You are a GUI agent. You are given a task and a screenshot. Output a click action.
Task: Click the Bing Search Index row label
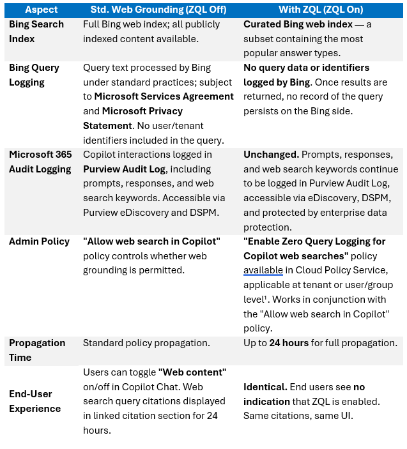36,31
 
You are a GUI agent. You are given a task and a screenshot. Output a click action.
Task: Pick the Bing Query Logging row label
34,75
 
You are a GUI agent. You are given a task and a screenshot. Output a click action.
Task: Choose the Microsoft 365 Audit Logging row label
40,162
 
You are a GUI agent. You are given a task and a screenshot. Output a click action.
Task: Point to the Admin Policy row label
39,241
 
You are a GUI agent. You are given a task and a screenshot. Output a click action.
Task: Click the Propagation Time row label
37,350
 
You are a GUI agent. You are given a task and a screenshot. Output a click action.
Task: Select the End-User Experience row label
35,401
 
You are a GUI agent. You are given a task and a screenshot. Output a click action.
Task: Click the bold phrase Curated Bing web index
298,24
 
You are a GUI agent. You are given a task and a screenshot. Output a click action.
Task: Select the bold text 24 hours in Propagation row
289,343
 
